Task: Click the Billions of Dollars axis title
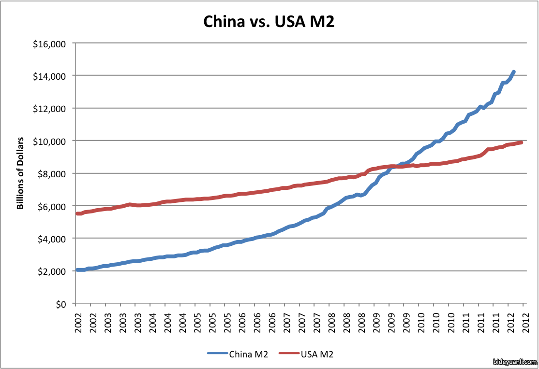20,174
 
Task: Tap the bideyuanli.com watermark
515,362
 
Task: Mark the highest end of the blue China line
513,71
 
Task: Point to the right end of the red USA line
521,142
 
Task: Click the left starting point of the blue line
77,270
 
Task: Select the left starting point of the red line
77,213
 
